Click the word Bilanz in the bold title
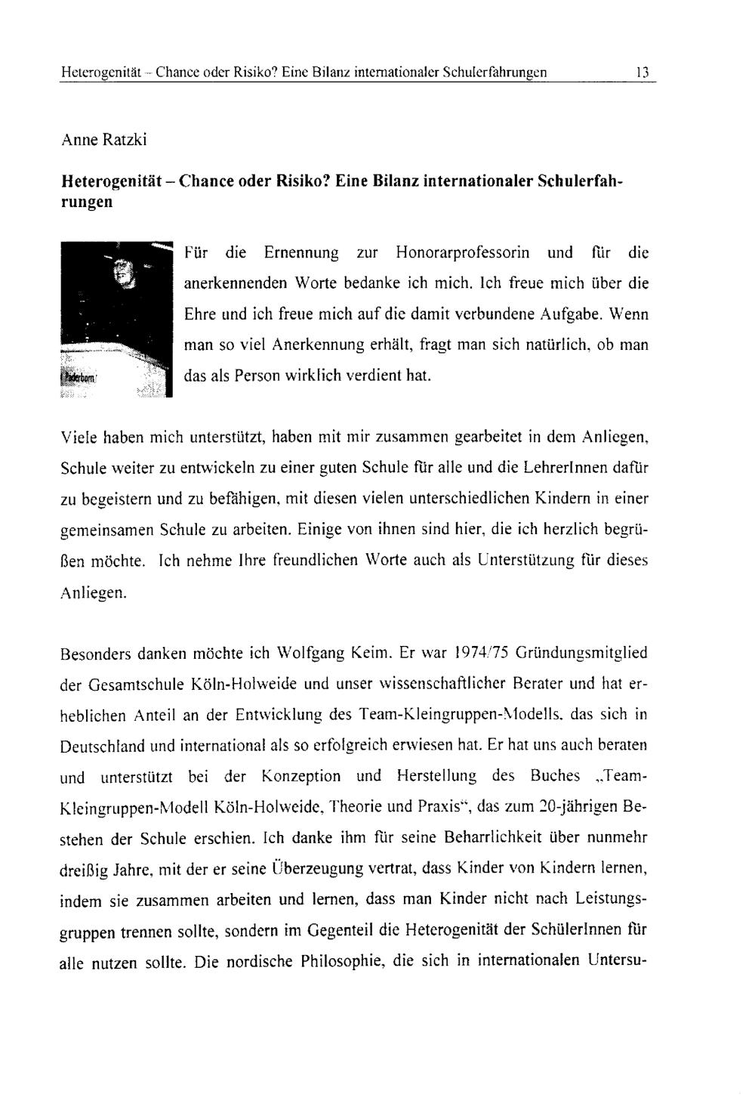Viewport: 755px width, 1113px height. click(397, 182)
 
